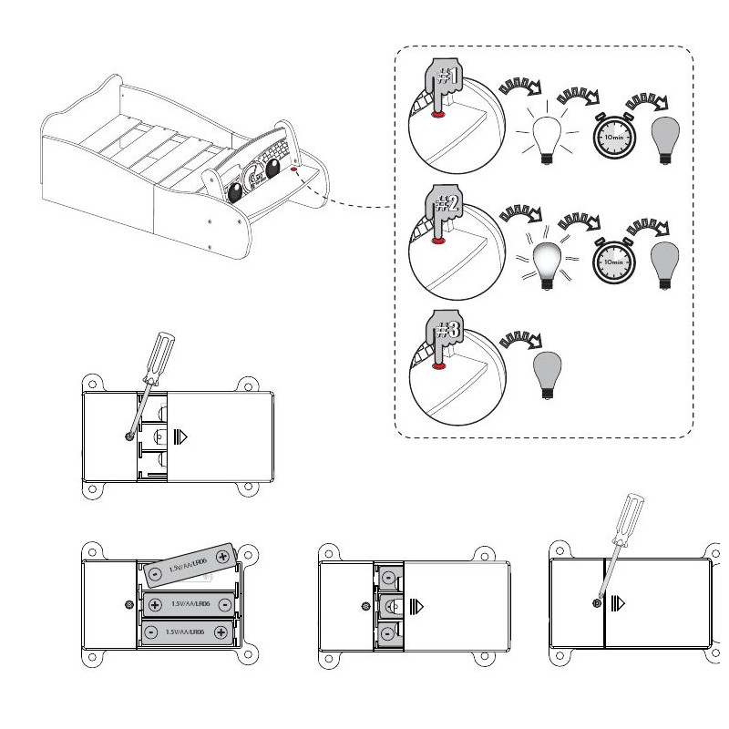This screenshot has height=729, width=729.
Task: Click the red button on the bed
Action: pyautogui.click(x=294, y=169)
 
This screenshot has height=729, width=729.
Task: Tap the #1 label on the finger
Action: pyautogui.click(x=447, y=77)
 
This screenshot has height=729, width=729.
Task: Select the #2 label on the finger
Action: pyautogui.click(x=447, y=206)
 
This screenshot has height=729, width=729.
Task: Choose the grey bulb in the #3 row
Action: pyautogui.click(x=547, y=375)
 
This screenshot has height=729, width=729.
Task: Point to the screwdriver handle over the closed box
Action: pyautogui.click(x=631, y=516)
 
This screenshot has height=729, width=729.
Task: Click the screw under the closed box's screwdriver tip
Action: pyautogui.click(x=598, y=603)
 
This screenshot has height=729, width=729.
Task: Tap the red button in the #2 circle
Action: pyautogui.click(x=439, y=241)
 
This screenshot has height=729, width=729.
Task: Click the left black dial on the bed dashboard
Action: pyautogui.click(x=236, y=192)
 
